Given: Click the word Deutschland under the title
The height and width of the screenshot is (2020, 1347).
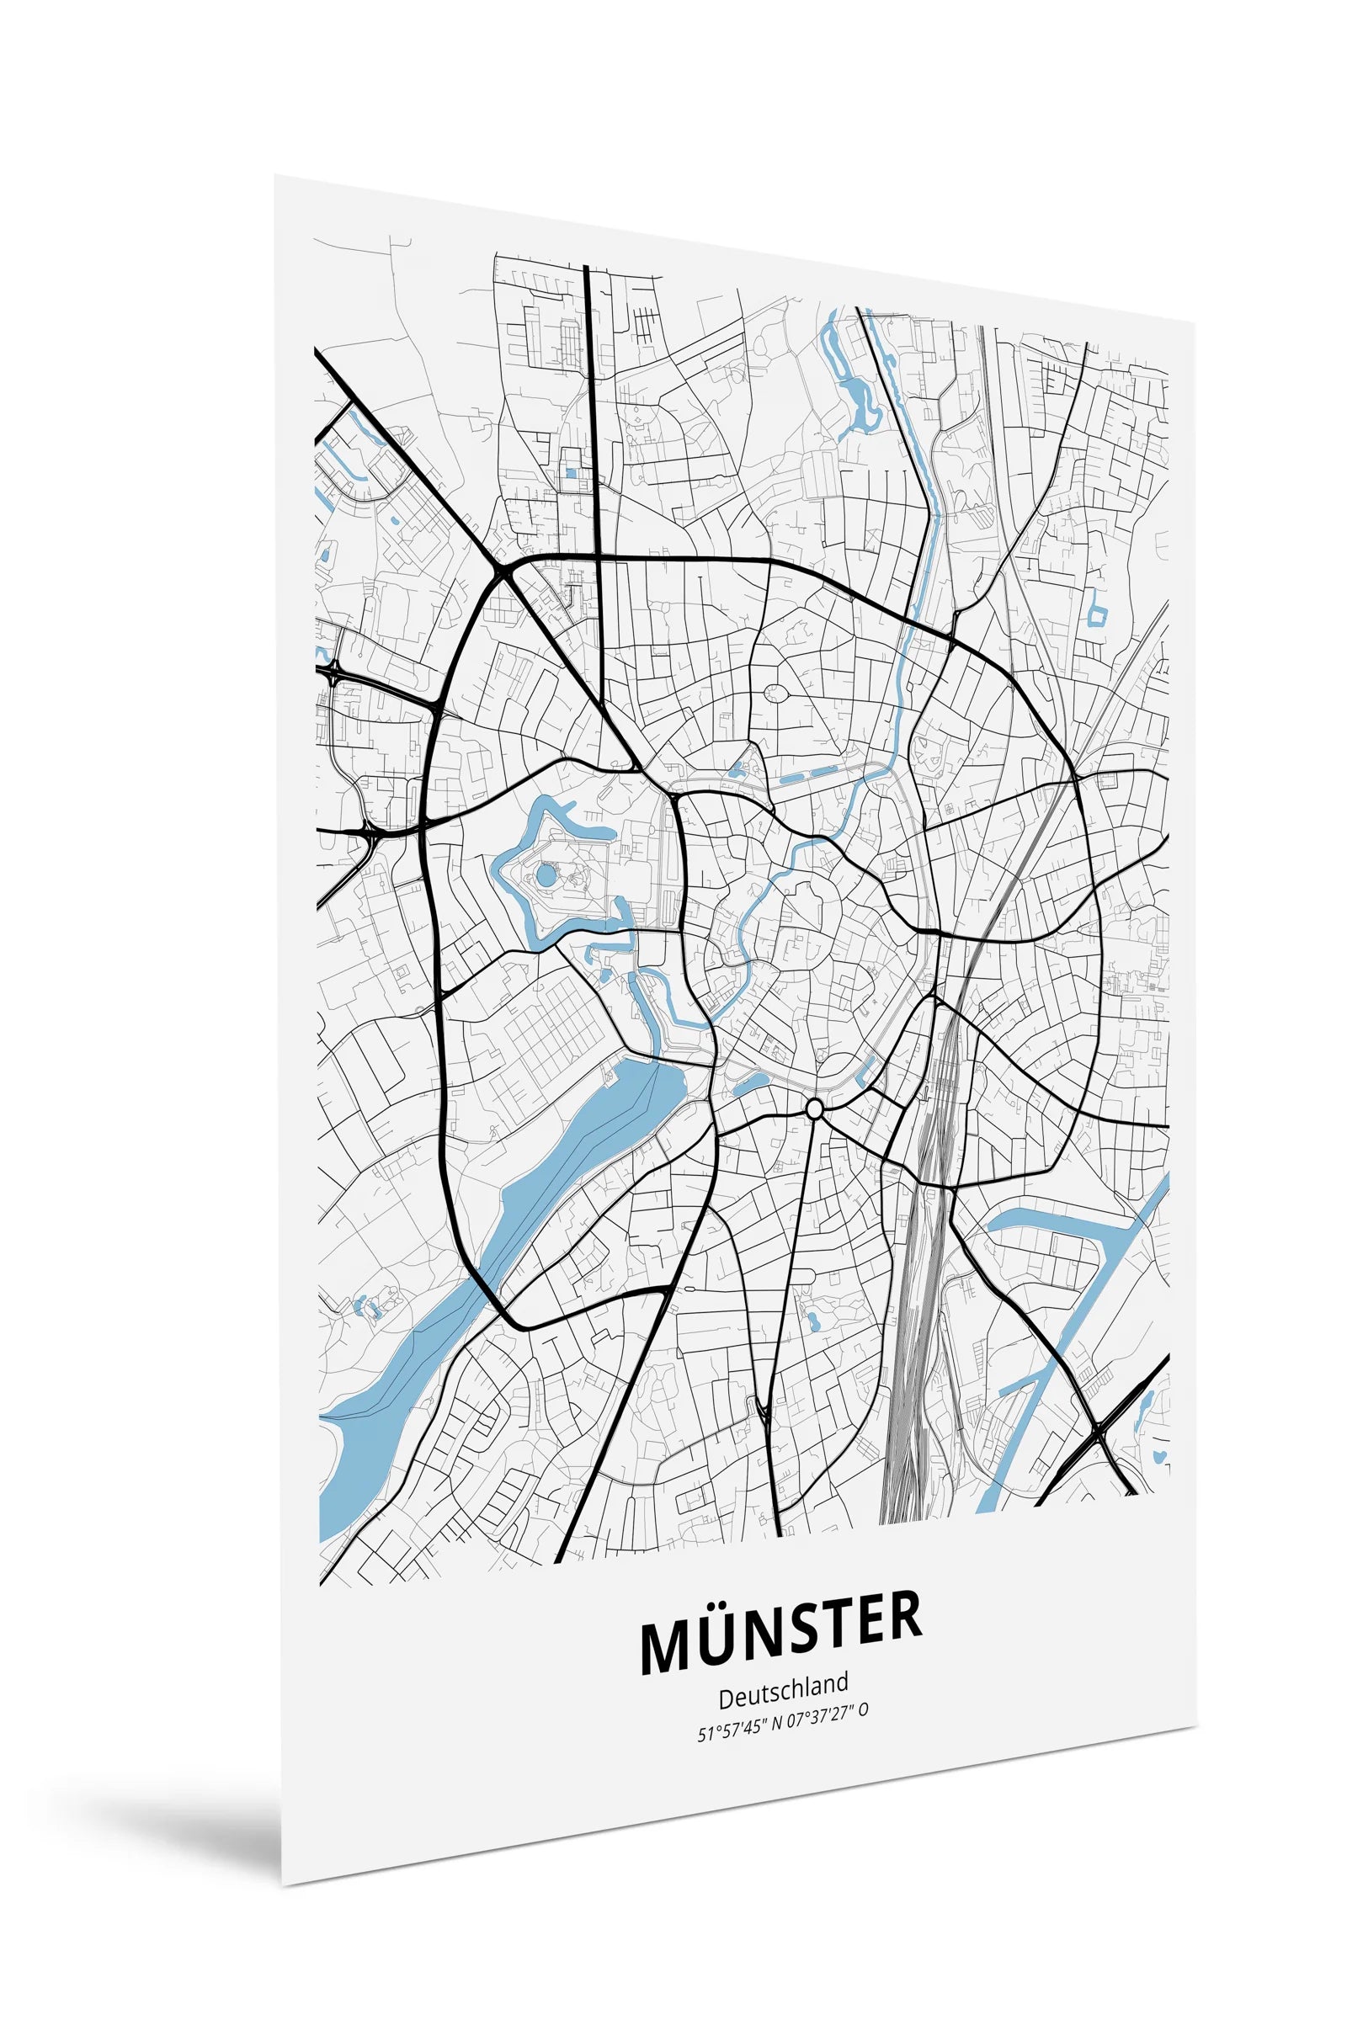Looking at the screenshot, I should point(783,1698).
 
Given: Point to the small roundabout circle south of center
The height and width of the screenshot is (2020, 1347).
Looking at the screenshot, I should point(815,1111).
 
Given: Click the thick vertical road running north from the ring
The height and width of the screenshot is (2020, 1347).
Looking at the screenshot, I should point(594,412).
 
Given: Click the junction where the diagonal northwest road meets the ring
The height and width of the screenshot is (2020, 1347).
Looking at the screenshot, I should point(503,571).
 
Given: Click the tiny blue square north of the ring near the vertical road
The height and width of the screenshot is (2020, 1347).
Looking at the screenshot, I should point(570,472).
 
